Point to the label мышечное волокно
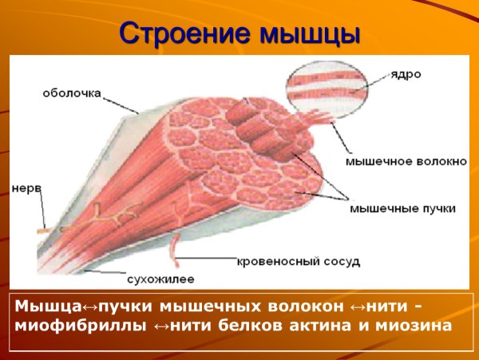tap(406, 160)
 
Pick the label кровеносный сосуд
tap(299, 260)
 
